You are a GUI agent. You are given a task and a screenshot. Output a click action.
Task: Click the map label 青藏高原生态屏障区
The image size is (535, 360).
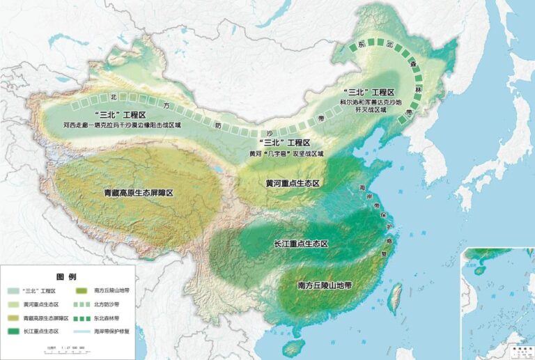[138, 191]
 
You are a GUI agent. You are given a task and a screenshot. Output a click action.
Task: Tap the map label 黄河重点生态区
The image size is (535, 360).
[293, 183]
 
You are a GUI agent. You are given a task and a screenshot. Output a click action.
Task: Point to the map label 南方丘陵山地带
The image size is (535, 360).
[325, 285]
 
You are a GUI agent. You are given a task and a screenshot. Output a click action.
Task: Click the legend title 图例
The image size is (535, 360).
[65, 276]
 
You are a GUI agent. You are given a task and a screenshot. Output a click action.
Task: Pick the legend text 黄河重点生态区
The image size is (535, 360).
[41, 304]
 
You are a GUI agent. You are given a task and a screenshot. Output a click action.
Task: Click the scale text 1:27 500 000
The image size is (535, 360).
[70, 346]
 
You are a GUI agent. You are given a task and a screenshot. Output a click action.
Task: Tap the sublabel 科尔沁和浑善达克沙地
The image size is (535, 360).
[372, 102]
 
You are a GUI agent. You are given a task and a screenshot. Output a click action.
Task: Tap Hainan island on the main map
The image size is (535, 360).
[296, 345]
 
